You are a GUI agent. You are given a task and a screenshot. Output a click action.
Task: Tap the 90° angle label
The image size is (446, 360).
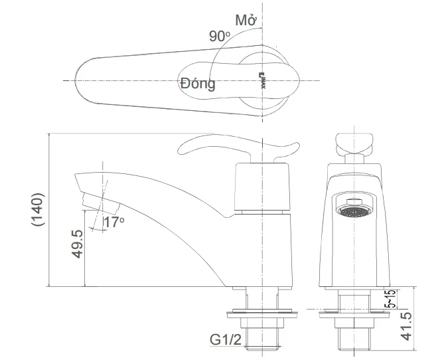pyautogui.click(x=219, y=37)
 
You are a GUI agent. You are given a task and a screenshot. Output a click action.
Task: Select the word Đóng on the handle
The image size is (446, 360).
pyautogui.click(x=198, y=84)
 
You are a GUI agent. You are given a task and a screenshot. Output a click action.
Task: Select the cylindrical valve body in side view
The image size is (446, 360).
pyautogui.click(x=263, y=193)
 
